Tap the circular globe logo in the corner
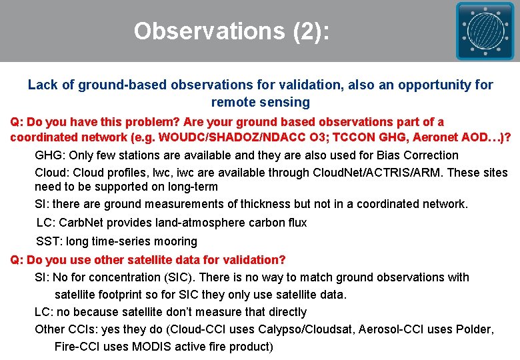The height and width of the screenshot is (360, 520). [x=485, y=31]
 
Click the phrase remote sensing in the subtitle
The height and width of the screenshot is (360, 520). [x=261, y=102]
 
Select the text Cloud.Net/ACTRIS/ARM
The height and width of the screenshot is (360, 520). [x=365, y=173]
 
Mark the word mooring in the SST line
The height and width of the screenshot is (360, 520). [x=175, y=241]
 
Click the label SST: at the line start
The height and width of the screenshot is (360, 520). [x=49, y=241]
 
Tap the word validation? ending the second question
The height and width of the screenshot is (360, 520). [x=251, y=259]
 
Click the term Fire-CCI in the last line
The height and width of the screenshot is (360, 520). [x=75, y=347]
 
